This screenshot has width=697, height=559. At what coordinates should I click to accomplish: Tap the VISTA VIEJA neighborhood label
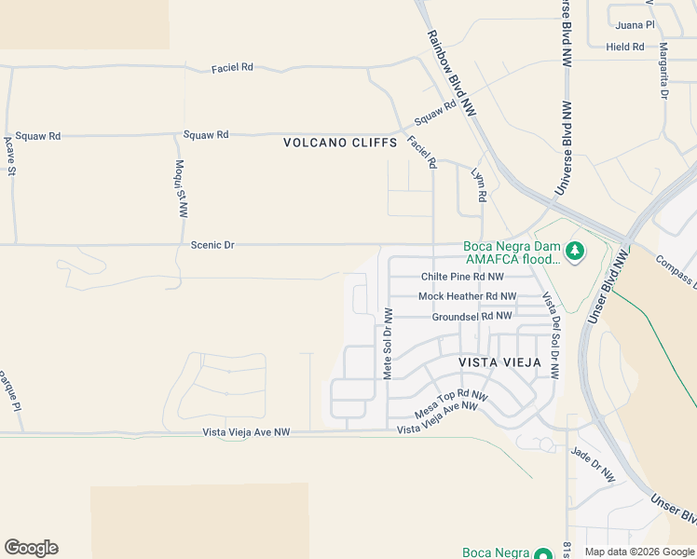pos(499,361)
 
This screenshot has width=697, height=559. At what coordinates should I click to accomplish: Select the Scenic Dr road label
pos(212,245)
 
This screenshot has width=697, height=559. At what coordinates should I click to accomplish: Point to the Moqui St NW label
pos(181,189)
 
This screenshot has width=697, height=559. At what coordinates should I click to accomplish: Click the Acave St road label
pos(10,157)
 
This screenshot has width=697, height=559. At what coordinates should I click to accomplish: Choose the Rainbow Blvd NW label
pos(452,73)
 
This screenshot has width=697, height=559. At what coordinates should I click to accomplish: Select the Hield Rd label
pos(624,47)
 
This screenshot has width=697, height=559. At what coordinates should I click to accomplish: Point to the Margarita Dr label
pos(664,71)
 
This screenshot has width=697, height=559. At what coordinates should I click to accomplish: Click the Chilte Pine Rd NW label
pos(462,277)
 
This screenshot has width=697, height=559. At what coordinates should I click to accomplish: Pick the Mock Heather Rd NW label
pos(467,296)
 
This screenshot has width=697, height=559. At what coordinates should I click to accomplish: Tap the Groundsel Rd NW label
pos(471,317)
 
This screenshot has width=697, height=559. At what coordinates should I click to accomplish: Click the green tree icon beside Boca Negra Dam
pos(576,250)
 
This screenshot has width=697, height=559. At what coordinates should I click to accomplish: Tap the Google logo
pos(31,548)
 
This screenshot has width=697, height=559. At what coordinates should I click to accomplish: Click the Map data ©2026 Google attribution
pos(638,552)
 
